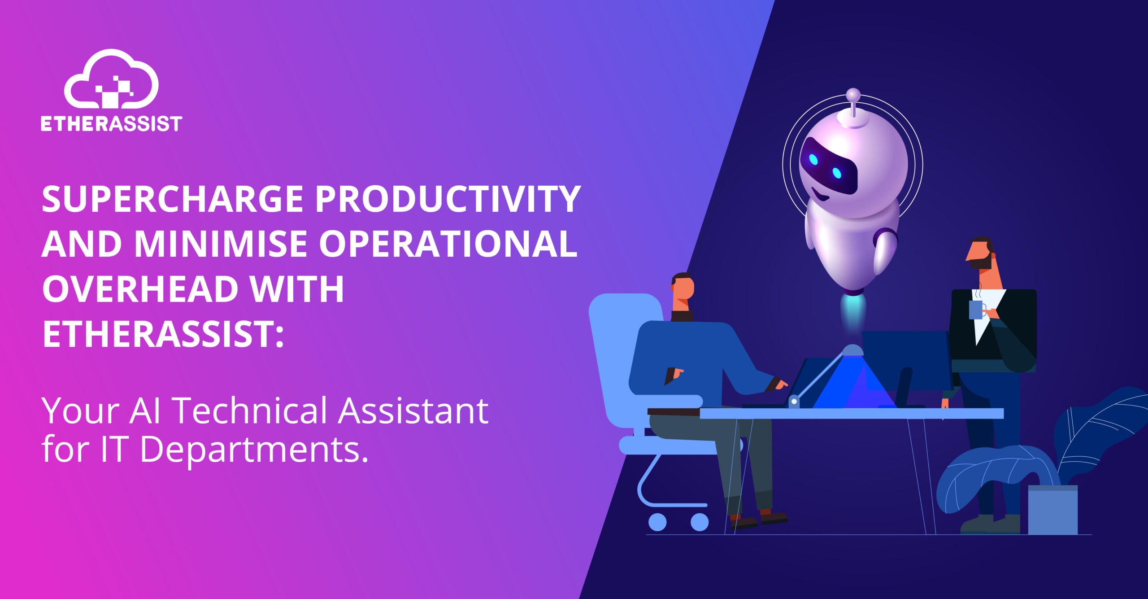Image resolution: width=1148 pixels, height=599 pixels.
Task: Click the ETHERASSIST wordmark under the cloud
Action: coord(112,124)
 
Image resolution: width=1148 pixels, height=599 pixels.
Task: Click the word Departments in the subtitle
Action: coord(254,450)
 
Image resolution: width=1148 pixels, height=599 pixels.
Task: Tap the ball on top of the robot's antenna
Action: coord(852,95)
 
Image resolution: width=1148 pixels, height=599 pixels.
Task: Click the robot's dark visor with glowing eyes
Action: coord(828,166)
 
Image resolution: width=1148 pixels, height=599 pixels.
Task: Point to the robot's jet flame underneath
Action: coord(852,314)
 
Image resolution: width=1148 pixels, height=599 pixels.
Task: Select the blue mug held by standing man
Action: coord(977,310)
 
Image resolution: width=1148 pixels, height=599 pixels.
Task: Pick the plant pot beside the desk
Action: coord(1052,510)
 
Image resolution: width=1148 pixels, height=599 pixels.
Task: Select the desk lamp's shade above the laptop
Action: coord(852,350)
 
